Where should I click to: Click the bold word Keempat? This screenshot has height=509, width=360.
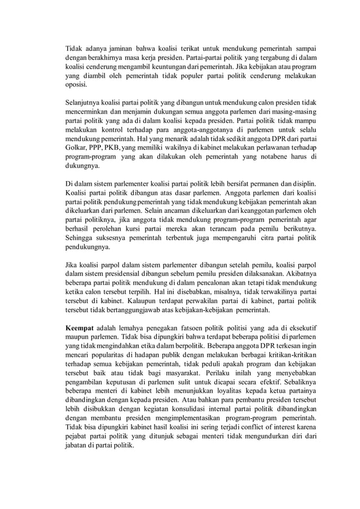pyautogui.click(x=80, y=327)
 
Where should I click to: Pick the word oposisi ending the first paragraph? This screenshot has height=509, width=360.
pyautogui.click(x=77, y=85)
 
